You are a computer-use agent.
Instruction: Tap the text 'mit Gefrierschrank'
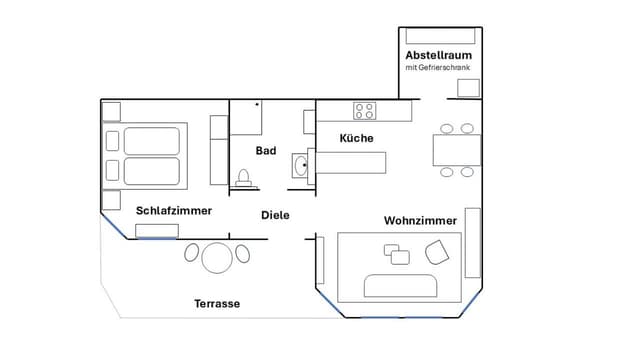tap(438, 67)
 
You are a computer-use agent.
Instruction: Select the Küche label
tap(356, 138)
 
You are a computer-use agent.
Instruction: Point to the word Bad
tap(266, 151)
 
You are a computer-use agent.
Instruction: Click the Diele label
tap(275, 215)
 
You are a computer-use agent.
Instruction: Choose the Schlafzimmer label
tap(174, 211)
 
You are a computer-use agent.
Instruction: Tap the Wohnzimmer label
tap(420, 221)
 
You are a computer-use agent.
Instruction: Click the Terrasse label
tap(217, 304)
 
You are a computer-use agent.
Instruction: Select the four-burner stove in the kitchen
tap(364, 111)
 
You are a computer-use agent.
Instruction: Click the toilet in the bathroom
tap(244, 178)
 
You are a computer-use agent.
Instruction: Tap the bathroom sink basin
tap(301, 166)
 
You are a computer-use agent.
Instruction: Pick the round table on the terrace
tap(217, 258)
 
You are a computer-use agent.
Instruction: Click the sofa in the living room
tap(400, 286)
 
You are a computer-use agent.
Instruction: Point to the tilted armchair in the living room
tap(437, 252)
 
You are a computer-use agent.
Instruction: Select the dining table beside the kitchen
tap(457, 150)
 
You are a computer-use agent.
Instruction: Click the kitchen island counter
tap(351, 163)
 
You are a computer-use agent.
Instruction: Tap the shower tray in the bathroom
tap(246, 118)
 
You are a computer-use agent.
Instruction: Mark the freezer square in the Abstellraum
tap(468, 88)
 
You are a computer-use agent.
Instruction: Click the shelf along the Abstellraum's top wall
tap(440, 36)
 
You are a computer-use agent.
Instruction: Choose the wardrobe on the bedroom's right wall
tap(219, 150)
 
